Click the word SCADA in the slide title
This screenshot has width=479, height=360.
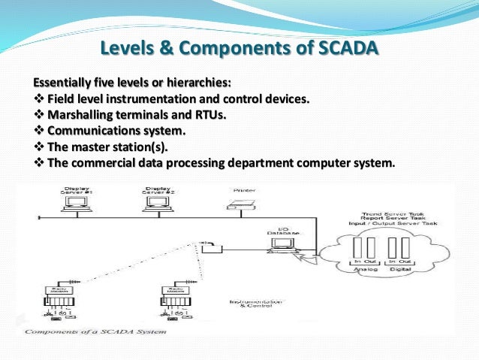coord(342,50)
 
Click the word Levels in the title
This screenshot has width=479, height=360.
coord(131,50)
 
